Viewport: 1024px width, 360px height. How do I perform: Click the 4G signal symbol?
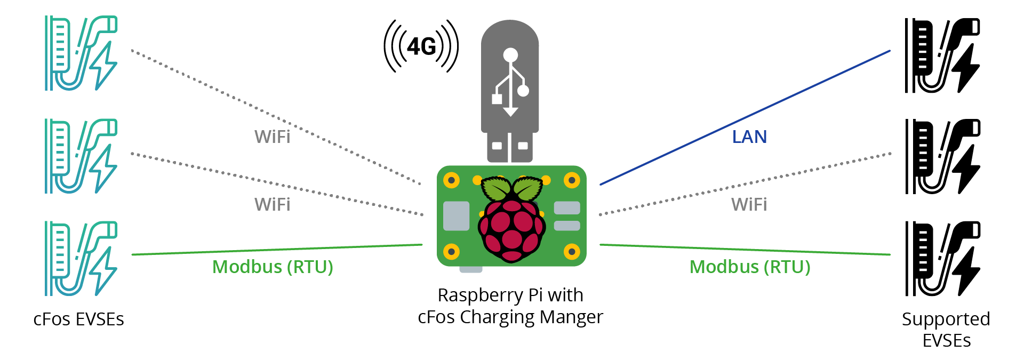(421, 46)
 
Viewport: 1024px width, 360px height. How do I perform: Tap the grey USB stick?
(510, 91)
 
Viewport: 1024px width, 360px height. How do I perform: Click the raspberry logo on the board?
(511, 221)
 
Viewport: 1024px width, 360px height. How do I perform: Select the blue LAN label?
(749, 137)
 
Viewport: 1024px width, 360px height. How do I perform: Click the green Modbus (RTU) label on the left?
(273, 267)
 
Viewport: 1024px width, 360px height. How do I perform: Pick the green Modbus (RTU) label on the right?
(750, 267)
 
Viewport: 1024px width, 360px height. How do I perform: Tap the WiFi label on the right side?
(749, 204)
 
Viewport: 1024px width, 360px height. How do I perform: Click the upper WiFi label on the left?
(272, 137)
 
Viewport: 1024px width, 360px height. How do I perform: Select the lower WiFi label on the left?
(272, 204)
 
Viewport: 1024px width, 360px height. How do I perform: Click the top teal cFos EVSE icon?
(81, 53)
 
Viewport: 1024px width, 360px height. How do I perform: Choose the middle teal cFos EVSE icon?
(81, 156)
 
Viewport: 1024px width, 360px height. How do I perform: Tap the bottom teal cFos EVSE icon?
(81, 259)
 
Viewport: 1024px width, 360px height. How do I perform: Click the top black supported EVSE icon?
(942, 55)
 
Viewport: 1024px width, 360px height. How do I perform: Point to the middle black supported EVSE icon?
(942, 157)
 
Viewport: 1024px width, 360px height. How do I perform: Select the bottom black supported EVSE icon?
(942, 259)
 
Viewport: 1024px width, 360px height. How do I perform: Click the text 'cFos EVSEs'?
(78, 319)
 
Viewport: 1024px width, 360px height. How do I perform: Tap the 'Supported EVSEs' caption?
(946, 330)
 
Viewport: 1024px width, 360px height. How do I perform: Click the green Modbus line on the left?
(277, 250)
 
